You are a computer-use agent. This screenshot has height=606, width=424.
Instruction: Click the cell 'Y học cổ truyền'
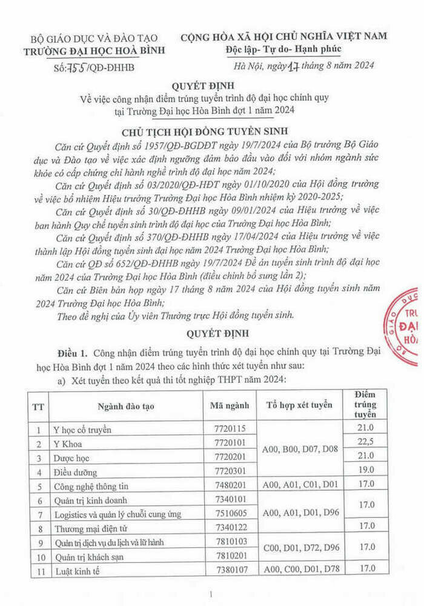coord(83,430)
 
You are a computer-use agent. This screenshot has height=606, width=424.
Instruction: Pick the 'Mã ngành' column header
coord(227,406)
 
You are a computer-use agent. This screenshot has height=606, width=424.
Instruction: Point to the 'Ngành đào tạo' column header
coord(124,406)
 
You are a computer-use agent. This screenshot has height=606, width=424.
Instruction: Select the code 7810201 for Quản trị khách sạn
coord(227,555)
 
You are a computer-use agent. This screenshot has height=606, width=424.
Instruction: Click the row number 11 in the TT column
coord(39,569)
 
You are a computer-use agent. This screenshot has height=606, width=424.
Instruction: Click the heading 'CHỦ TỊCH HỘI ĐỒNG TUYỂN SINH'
coord(211,133)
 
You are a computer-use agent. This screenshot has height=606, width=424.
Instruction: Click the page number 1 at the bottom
coord(211,595)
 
